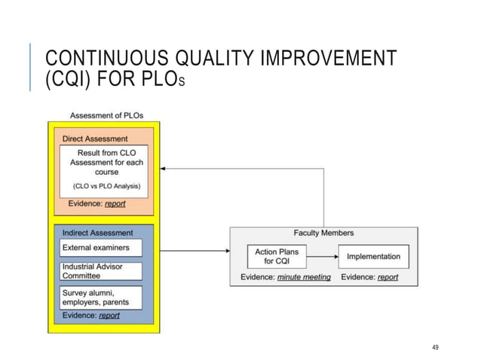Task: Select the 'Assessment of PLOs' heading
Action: point(106,115)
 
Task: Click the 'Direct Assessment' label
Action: point(95,139)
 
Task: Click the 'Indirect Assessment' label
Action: point(98,233)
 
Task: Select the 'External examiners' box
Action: point(100,248)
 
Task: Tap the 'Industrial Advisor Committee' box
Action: point(100,270)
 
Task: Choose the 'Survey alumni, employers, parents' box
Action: point(100,297)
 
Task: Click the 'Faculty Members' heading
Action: point(323,233)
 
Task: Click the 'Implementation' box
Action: point(373,256)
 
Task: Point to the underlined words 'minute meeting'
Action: point(304,277)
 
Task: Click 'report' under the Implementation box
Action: point(388,277)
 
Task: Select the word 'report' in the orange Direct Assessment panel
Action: point(115,203)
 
